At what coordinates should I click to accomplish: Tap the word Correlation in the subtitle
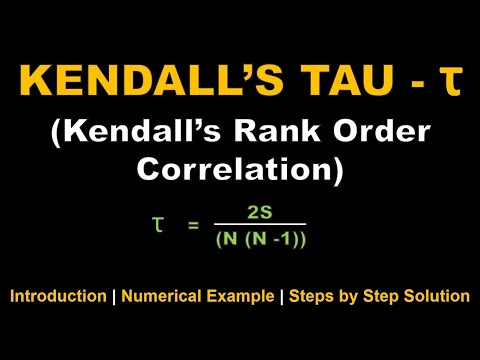coord(240,171)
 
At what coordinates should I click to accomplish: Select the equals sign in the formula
coord(194,228)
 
